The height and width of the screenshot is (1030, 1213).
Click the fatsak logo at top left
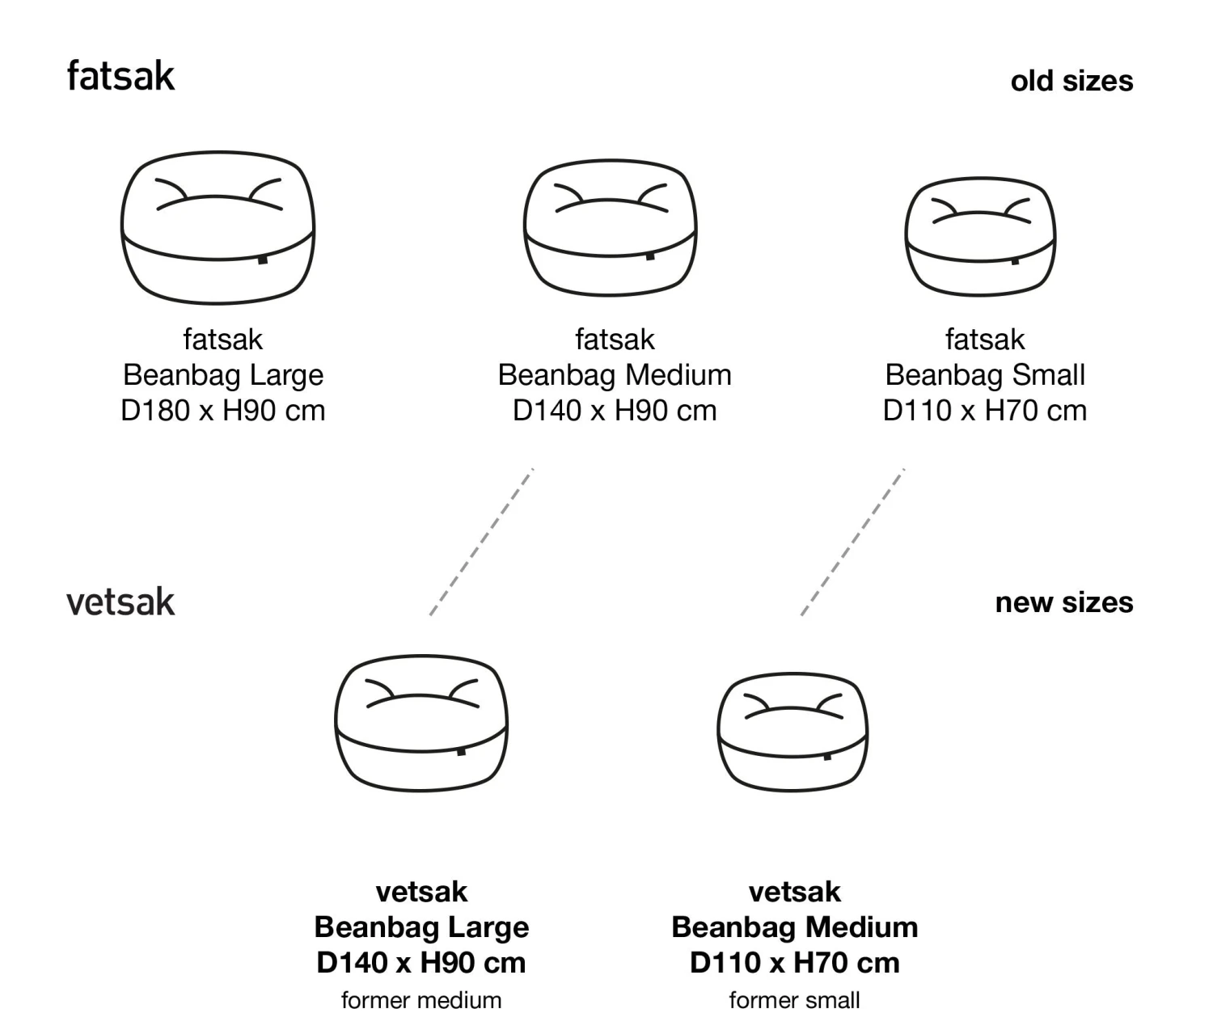[x=120, y=76]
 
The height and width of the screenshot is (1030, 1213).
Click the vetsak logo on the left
[x=120, y=602]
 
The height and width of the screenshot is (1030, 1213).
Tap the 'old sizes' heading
[x=1071, y=81]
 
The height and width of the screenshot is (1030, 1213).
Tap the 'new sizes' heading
[x=1063, y=602]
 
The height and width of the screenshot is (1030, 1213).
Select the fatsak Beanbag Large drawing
[x=218, y=227]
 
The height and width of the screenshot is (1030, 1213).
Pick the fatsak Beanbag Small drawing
[x=980, y=236]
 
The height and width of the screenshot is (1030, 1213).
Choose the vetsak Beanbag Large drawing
[x=421, y=724]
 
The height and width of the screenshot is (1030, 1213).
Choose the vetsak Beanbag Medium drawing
[x=792, y=732]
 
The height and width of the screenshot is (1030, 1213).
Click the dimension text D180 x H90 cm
[x=222, y=411]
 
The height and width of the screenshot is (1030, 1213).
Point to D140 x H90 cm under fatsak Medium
[x=615, y=411]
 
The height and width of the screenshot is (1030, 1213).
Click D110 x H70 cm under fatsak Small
[x=984, y=411]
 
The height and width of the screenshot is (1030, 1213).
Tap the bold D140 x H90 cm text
[x=421, y=962]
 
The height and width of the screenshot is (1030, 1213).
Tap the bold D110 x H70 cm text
[x=794, y=962]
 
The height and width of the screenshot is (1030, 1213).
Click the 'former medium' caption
[x=421, y=1000]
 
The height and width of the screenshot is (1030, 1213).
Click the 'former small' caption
[x=794, y=1000]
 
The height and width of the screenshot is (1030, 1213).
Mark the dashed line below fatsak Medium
[x=482, y=542]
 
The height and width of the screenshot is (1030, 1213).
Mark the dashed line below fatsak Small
[x=852, y=542]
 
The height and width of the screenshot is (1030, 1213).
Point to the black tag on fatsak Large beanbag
[x=263, y=260]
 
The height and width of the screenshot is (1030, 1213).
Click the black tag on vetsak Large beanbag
[x=461, y=751]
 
